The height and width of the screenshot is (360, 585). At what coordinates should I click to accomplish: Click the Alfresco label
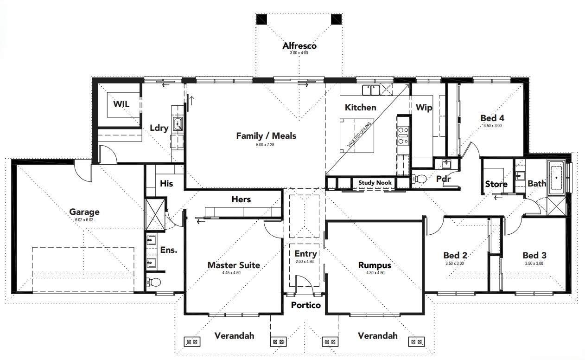[x=299, y=46]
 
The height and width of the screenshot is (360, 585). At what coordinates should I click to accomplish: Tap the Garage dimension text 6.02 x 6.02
[x=84, y=220]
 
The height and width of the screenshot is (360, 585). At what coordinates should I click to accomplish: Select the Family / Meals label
[x=266, y=135]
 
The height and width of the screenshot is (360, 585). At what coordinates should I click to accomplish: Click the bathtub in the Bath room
[x=556, y=178]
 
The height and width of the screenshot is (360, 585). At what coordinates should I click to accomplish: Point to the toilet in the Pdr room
[x=419, y=179]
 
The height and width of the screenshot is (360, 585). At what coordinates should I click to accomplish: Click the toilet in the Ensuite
[x=153, y=282]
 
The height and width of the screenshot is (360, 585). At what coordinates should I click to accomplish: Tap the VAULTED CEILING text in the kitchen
[x=359, y=134]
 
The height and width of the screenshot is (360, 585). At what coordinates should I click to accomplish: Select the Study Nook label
[x=375, y=182]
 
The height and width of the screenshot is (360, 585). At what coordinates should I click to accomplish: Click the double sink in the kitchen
[x=371, y=90]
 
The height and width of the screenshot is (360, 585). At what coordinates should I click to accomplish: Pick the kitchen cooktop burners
[x=403, y=135]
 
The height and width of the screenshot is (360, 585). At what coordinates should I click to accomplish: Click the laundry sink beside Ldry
[x=178, y=123]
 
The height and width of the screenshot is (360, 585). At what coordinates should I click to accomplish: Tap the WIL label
[x=121, y=104]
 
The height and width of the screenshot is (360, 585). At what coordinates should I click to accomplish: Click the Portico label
[x=306, y=305]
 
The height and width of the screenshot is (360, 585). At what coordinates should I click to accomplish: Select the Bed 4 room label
[x=492, y=118]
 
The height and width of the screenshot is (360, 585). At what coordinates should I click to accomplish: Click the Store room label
[x=496, y=184]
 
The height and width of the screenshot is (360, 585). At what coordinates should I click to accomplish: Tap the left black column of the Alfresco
[x=261, y=19]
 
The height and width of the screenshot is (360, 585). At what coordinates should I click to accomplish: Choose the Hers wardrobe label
[x=241, y=199]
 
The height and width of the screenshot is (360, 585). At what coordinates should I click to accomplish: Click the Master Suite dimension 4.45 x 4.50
[x=231, y=273]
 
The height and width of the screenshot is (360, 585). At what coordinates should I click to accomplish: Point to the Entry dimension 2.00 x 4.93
[x=305, y=262]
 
